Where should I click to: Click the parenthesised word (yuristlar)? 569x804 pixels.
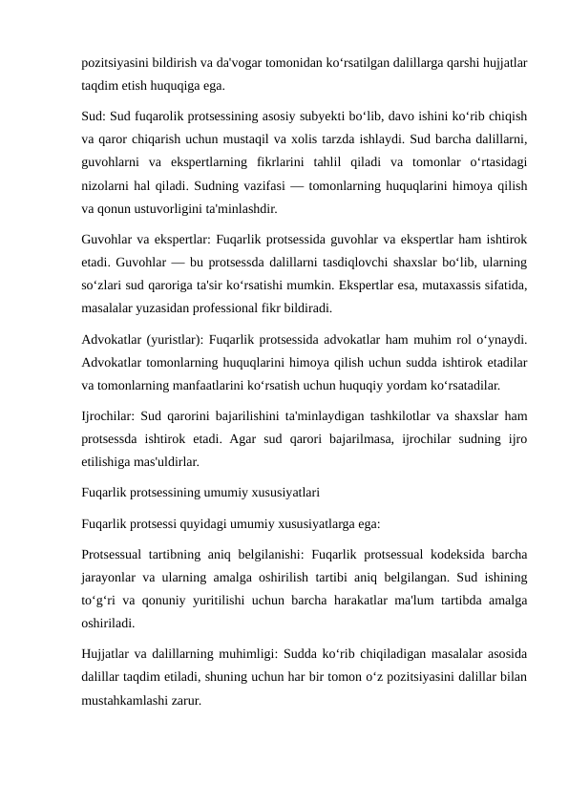click(173, 339)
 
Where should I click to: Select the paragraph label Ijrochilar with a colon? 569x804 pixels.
click(108, 416)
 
